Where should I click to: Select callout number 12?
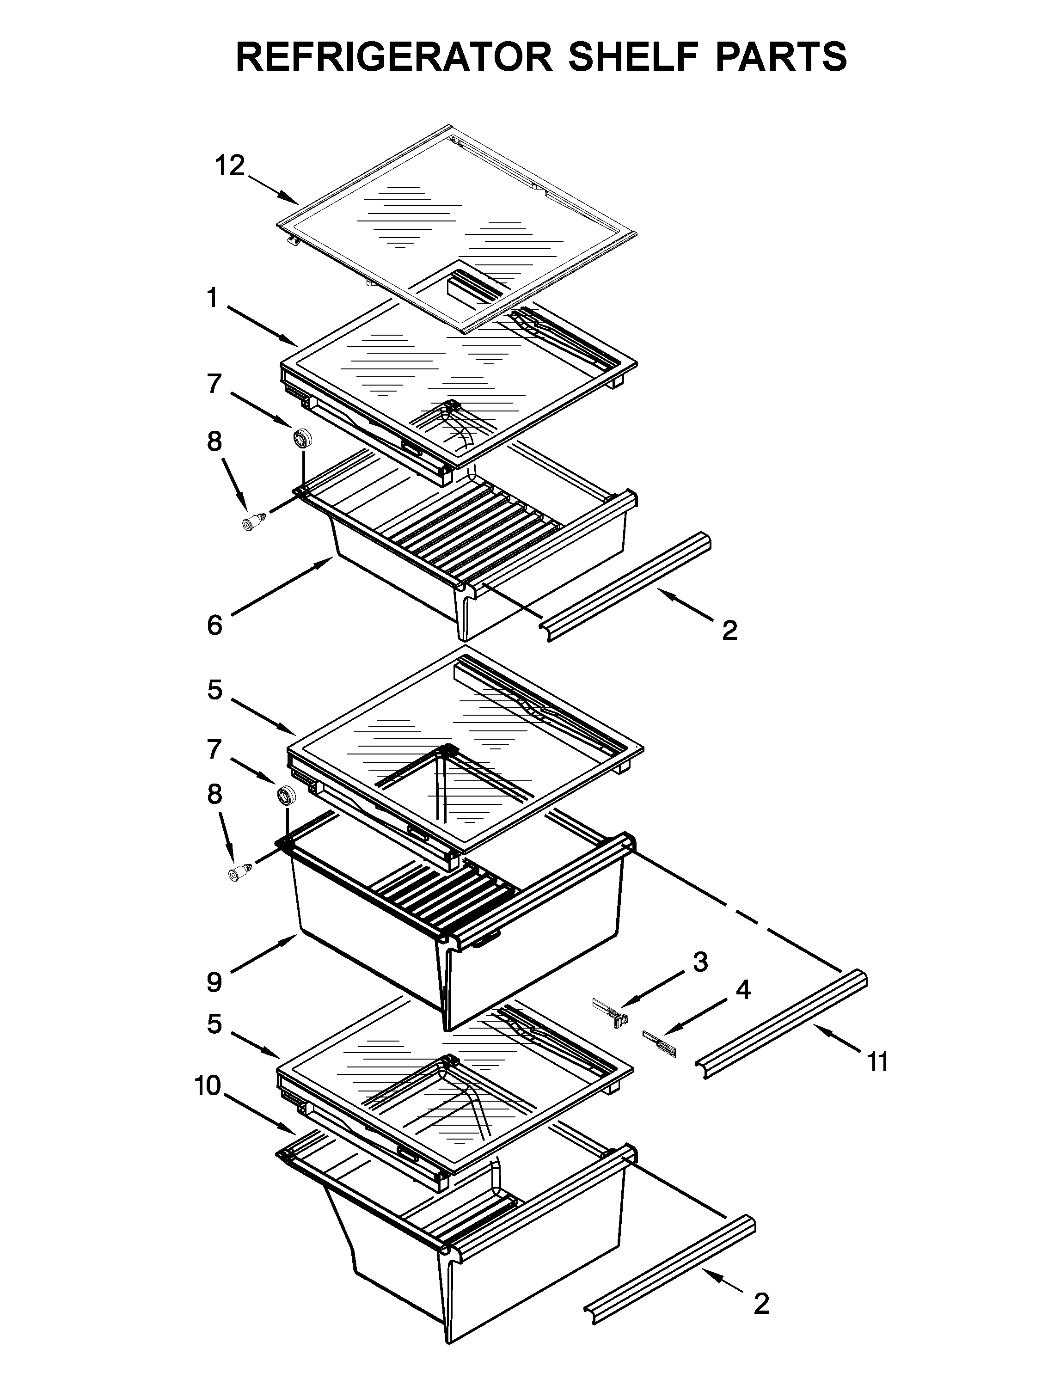pyautogui.click(x=229, y=166)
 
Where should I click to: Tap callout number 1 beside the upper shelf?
pyautogui.click(x=213, y=298)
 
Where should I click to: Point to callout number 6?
pyautogui.click(x=214, y=625)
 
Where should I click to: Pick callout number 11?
pyautogui.click(x=878, y=1062)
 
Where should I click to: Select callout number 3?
pyautogui.click(x=700, y=962)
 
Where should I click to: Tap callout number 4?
pyautogui.click(x=742, y=991)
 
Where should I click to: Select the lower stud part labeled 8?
pyautogui.click(x=239, y=873)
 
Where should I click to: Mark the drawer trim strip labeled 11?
pyautogui.click(x=783, y=1024)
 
